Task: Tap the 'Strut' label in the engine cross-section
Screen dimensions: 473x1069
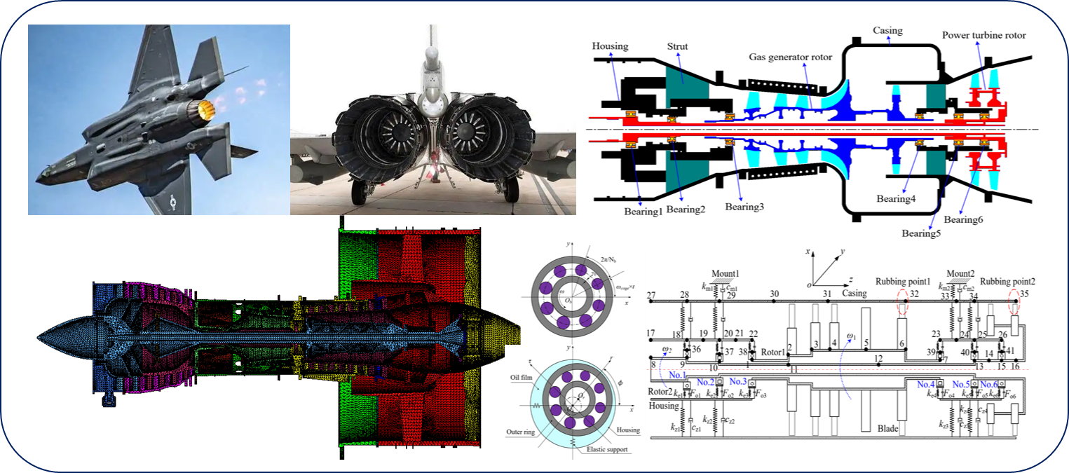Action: [677, 47]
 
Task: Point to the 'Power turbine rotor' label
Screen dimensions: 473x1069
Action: [983, 35]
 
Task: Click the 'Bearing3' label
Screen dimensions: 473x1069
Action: [744, 207]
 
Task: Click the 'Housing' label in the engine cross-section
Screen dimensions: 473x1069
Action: [610, 46]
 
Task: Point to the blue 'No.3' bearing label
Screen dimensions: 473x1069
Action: [740, 381]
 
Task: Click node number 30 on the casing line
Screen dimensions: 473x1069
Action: [775, 294]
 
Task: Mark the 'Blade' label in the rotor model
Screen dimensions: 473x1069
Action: [887, 427]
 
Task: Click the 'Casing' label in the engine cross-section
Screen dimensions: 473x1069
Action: [887, 31]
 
